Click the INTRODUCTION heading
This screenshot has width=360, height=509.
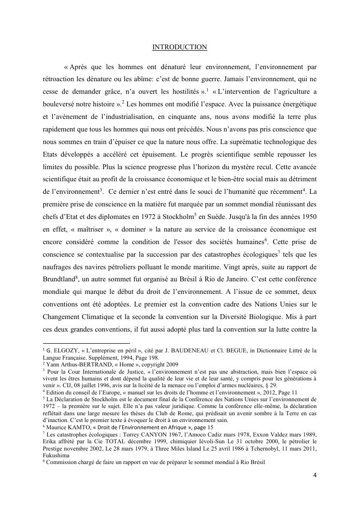click(180, 47)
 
